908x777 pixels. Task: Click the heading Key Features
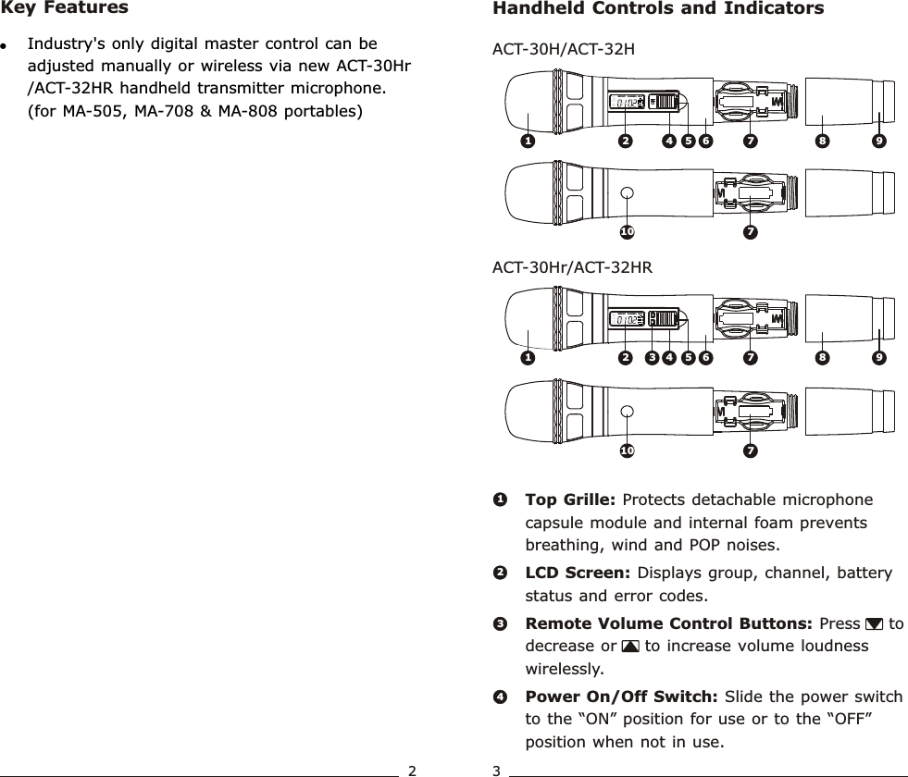tap(65, 8)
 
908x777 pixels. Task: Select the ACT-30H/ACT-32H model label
tap(563, 49)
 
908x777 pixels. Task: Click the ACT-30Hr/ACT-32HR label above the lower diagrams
tap(572, 268)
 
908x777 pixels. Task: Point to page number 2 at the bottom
tap(413, 770)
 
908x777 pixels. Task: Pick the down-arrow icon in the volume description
tap(874, 624)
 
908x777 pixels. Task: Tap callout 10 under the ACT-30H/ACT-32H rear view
tap(627, 230)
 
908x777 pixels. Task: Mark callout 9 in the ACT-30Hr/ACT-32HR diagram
tap(878, 356)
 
